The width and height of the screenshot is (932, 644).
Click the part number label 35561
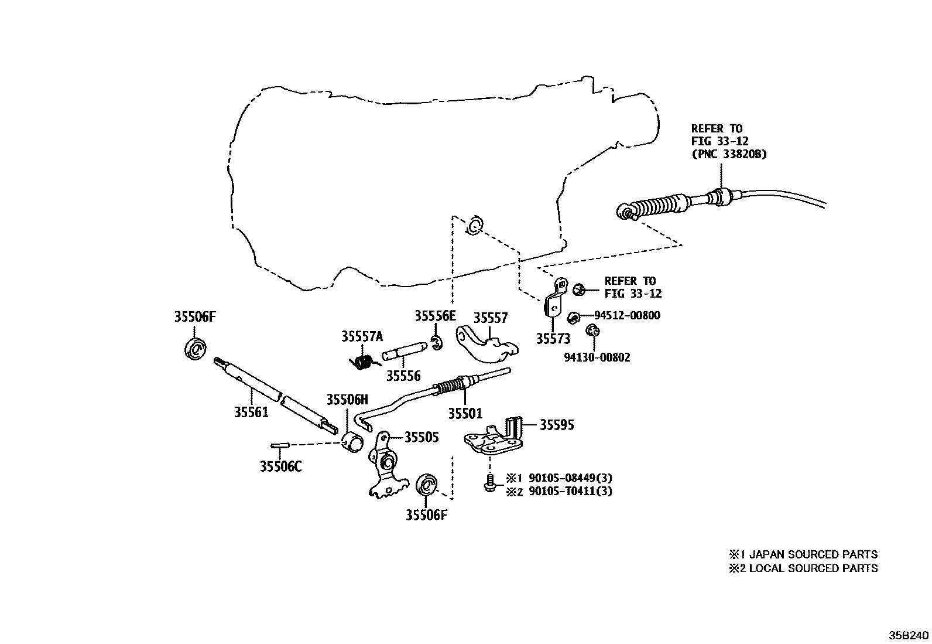pos(251,413)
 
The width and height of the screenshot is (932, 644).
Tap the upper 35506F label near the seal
pos(195,317)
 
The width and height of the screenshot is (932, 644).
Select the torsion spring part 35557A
pos(363,362)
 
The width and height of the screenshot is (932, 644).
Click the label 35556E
pos(435,316)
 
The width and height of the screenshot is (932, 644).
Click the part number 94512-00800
pos(627,315)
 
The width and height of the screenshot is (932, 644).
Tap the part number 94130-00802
pos(597,357)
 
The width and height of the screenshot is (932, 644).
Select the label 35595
pos(556,425)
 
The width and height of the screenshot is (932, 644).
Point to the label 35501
pos(465,414)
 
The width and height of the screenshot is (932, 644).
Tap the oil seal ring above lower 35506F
pos(427,486)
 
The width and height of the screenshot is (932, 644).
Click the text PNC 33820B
pos(729,154)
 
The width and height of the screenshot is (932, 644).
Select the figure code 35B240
pos(909,635)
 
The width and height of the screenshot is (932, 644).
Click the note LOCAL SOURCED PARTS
pos(813,568)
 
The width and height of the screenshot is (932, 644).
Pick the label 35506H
pos(347,400)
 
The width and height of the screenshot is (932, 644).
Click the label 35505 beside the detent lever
pos(422,437)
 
